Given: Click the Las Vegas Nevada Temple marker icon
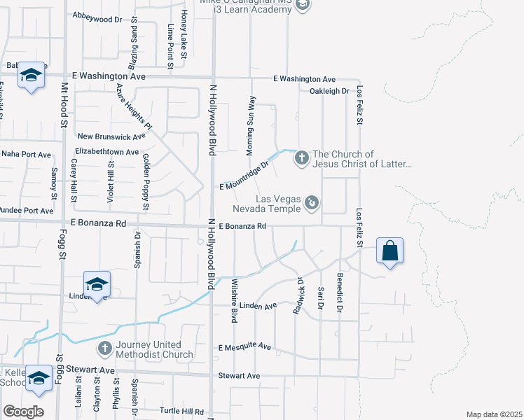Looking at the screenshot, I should (312, 203).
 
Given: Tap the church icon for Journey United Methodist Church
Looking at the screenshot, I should (104, 348).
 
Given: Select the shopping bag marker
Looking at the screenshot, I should (389, 251).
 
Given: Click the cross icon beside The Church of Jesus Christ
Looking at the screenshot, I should (301, 157).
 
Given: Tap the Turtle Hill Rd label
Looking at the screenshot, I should (181, 412).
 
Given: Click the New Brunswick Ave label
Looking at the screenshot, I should (111, 136).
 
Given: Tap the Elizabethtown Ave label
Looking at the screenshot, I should (106, 152).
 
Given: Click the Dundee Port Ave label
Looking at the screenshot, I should (27, 210).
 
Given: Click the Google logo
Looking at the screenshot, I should (23, 412).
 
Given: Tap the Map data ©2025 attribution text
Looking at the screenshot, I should (493, 414).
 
